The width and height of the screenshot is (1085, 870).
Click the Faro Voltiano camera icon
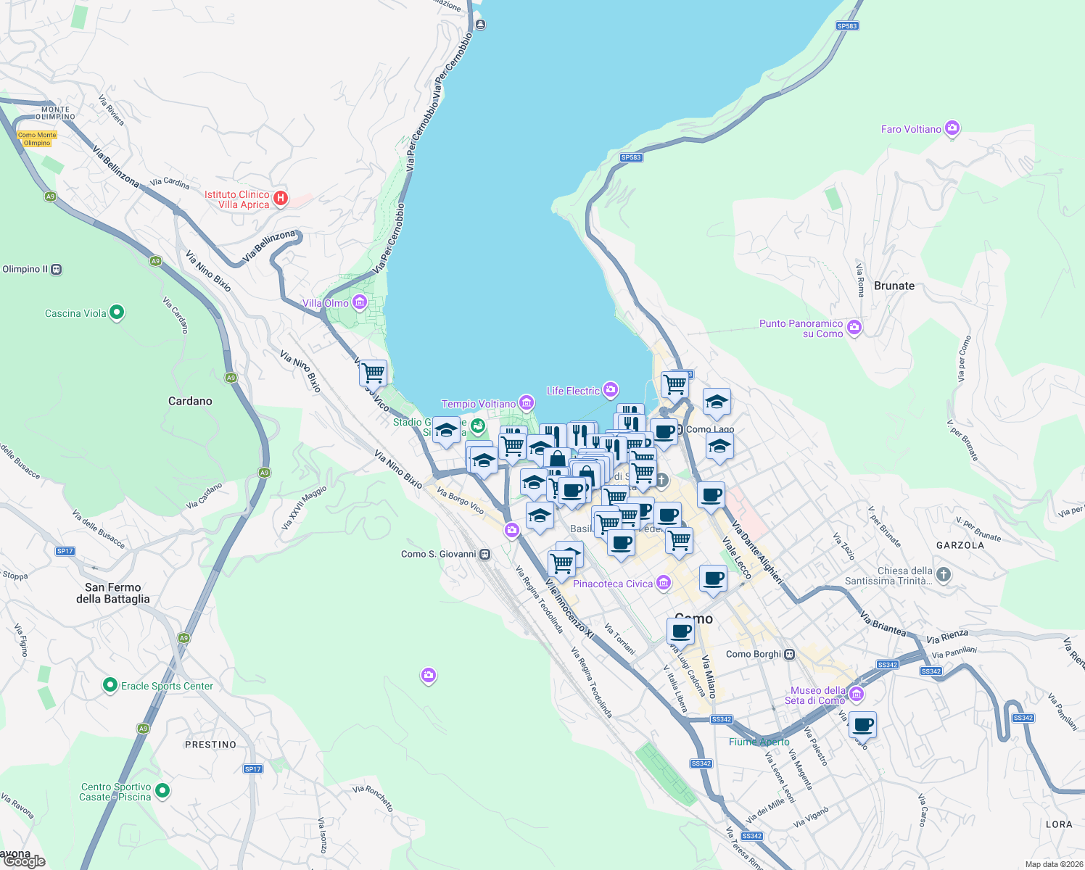coord(952,129)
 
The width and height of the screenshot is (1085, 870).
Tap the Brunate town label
coord(894,286)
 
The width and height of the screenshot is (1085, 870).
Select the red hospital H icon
coord(281,198)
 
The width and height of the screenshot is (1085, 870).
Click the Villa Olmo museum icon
coord(359,302)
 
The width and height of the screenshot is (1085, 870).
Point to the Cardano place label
coord(190,401)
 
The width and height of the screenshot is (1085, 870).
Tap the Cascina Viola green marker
coord(117,313)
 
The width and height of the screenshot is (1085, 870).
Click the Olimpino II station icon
coord(56,270)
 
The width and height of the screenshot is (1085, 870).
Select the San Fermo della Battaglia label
coord(113,593)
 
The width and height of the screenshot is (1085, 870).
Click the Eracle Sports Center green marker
coord(110,685)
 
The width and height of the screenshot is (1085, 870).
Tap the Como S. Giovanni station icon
coord(485,555)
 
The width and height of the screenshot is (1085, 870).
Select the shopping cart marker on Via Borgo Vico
coord(373,373)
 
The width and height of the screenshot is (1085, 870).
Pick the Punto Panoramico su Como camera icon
coord(854,328)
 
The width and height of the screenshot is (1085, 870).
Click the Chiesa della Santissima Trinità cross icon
coord(943,575)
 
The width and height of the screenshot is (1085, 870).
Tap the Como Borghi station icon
coord(790,654)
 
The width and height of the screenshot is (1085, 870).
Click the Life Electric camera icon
coord(611,391)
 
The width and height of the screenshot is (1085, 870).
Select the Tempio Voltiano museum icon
coord(527,403)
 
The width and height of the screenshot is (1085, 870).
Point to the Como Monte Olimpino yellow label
coord(37,138)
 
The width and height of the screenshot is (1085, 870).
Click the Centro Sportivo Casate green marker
coord(162,791)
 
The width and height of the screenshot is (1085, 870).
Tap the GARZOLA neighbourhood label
coord(960,545)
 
